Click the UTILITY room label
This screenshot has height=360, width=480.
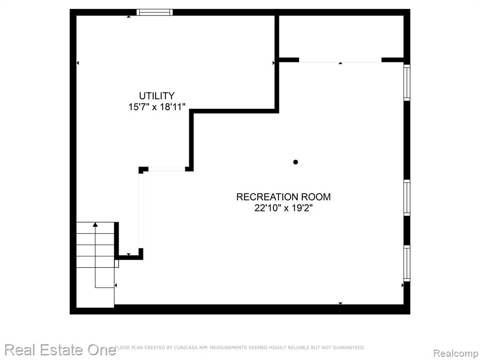click(157, 96)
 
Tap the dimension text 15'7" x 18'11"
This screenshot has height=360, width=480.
click(157, 107)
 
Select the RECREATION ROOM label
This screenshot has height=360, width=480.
click(284, 197)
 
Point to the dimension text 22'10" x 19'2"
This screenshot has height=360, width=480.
click(284, 208)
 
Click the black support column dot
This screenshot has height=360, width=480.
click(295, 162)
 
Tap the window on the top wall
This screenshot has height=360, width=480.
click(155, 12)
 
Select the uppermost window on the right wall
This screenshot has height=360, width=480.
click(407, 82)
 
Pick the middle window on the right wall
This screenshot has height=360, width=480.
click(407, 198)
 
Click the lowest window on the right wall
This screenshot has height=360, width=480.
click(407, 263)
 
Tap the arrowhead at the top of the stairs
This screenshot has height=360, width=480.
click(95, 225)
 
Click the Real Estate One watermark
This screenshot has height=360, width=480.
click(60, 350)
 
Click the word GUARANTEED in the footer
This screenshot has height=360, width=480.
click(349, 347)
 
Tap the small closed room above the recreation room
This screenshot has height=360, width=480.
click(341, 36)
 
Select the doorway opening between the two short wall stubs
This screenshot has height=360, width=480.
click(166, 169)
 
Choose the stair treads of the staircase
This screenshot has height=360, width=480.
click(95, 245)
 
